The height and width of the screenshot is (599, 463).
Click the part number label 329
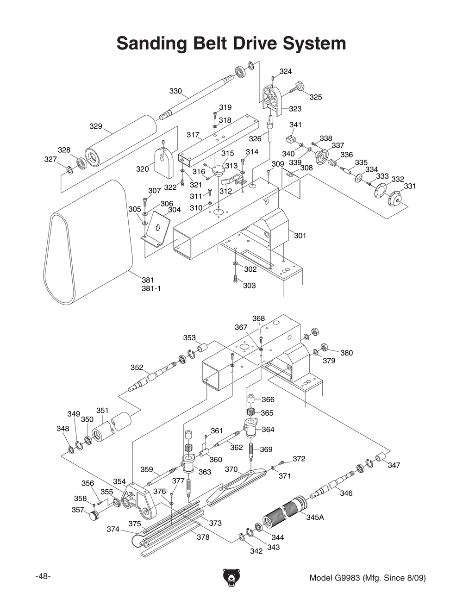95,126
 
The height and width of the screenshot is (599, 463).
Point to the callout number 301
300,236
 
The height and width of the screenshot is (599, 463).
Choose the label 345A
315,517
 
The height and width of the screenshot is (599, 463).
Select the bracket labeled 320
163,162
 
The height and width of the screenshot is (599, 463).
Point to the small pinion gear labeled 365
251,412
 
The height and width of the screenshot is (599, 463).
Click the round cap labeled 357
95,515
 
